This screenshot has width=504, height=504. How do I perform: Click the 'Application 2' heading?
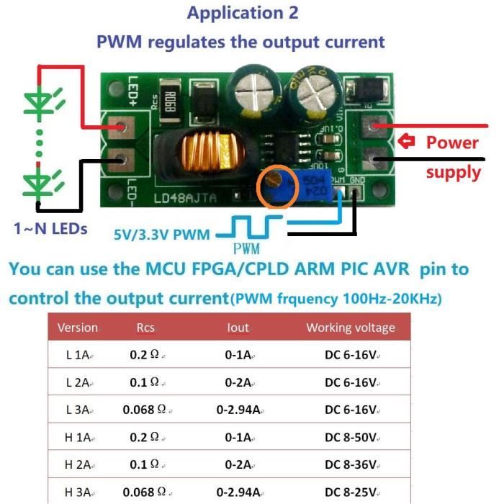point(243,12)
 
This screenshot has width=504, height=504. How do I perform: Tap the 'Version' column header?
point(77,328)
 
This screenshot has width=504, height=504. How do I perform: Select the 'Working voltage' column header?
point(351,328)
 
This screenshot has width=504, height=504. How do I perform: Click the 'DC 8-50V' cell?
point(351,437)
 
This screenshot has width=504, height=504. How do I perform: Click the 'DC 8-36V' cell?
point(351,464)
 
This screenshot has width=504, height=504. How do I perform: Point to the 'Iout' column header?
point(238,328)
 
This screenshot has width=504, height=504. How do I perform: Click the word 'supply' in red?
point(453,172)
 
